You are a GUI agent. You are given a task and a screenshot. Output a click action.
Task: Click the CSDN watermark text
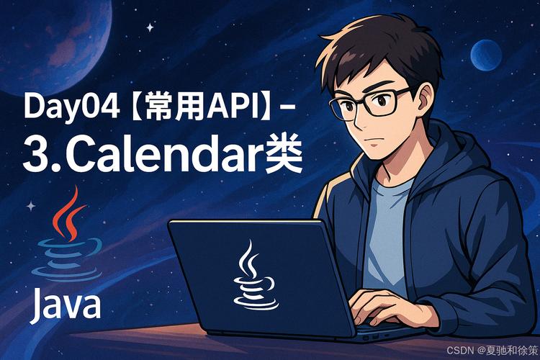tap(460, 350)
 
